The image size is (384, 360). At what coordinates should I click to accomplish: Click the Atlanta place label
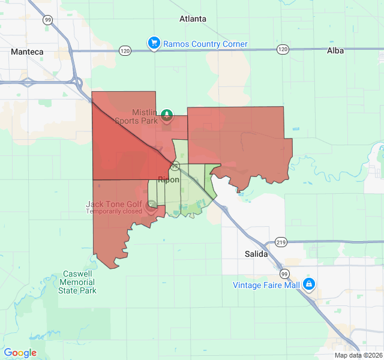coord(193,19)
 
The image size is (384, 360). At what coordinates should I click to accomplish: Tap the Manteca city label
coord(27,52)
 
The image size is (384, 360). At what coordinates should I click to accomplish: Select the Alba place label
coord(335,51)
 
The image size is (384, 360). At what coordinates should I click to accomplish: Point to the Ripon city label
coord(169,179)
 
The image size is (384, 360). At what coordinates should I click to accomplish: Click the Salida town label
coord(256,254)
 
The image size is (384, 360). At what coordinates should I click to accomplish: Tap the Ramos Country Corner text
coord(205,44)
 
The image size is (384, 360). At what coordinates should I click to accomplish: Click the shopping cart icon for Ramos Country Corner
coord(154,43)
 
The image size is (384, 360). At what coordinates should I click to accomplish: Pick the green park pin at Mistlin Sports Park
coord(167,116)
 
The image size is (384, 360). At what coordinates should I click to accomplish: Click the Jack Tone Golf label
coord(114,204)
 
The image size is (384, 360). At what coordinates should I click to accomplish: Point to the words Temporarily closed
coord(114,211)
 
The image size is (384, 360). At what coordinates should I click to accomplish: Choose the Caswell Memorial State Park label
coord(78,282)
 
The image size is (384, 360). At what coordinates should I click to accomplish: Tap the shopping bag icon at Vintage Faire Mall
coord(309,284)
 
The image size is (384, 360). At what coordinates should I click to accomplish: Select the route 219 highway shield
coord(281,242)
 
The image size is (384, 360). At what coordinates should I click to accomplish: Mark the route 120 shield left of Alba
coord(283,49)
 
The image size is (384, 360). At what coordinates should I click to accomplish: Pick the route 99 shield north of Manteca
coord(47,20)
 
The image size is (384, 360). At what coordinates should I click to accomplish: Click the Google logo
coord(20,353)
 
